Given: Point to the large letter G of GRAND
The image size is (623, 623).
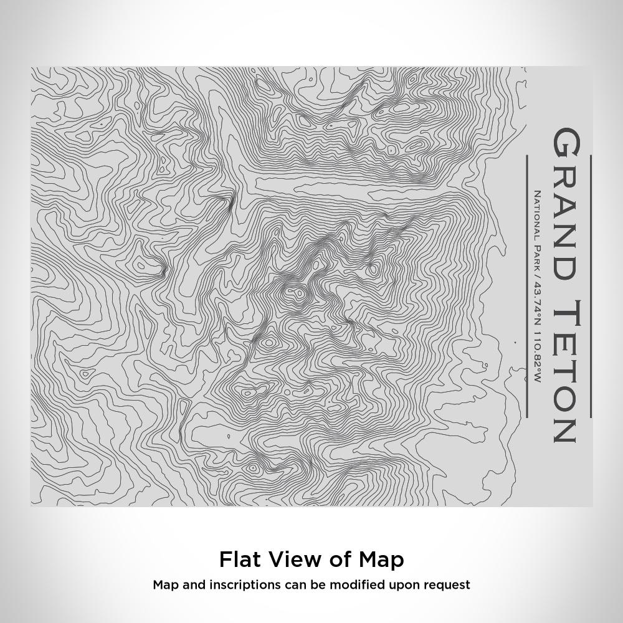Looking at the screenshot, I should point(566,143).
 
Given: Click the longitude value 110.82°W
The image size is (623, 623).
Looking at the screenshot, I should point(537,358).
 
